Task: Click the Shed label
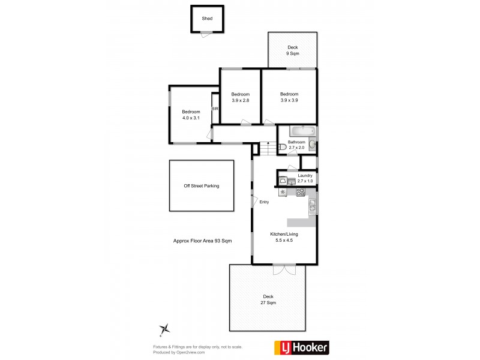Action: (207, 19)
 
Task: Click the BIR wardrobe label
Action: (215, 109)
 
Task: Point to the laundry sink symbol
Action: (290, 181)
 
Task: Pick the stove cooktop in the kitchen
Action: (301, 192)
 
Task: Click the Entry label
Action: (264, 202)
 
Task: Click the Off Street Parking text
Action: (201, 186)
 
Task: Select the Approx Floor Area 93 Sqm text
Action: (202, 240)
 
